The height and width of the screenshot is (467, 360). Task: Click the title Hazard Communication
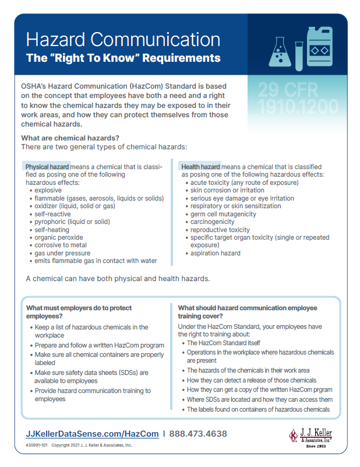click(x=123, y=40)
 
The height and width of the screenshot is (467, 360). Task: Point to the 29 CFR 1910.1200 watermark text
click(x=298, y=99)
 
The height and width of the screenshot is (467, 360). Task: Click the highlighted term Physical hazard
click(x=47, y=167)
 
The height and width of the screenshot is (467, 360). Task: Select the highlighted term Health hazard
click(x=200, y=167)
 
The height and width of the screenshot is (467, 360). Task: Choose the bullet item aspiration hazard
click(x=215, y=253)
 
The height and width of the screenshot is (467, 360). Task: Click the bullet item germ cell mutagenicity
click(x=223, y=214)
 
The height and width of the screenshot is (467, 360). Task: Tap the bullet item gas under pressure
click(x=62, y=253)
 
